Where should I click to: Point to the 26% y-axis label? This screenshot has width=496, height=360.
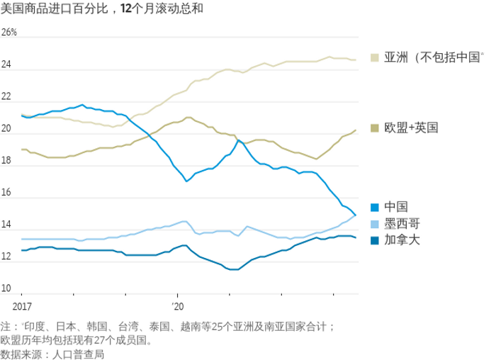tap(9, 33)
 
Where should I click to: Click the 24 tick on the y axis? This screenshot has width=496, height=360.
tap(7, 65)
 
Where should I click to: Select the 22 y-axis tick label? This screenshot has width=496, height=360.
tap(7, 97)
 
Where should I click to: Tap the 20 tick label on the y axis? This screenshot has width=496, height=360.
tap(7, 129)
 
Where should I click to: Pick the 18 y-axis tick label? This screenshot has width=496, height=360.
tap(7, 161)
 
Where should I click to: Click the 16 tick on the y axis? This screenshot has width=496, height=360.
tap(7, 193)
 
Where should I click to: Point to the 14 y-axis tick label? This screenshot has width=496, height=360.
tap(7, 225)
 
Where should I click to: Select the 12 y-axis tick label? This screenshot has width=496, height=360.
tap(7, 257)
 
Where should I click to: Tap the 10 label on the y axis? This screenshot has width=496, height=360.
tap(7, 288)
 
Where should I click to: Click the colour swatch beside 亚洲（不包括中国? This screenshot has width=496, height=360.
tap(374, 57)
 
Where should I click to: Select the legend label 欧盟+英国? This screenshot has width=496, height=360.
tap(411, 128)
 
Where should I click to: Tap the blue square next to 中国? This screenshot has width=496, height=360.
tap(374, 206)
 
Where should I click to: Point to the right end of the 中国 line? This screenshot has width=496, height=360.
tap(356, 215)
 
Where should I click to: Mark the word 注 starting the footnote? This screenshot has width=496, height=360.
tap(6, 327)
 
